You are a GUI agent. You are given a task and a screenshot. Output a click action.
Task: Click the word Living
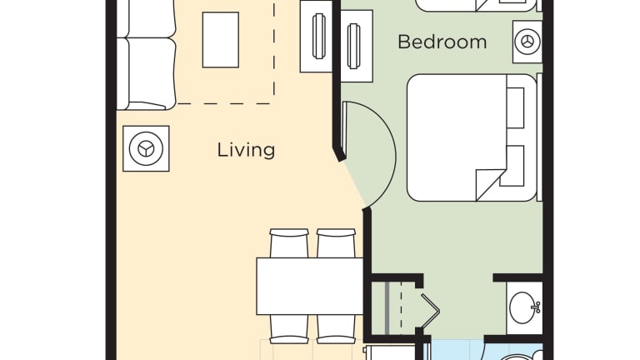(x=246, y=150)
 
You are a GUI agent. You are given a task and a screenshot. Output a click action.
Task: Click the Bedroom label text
(x=442, y=42)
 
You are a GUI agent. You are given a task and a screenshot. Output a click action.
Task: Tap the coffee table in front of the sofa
(x=220, y=40)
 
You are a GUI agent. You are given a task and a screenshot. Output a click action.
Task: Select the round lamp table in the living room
(x=146, y=148)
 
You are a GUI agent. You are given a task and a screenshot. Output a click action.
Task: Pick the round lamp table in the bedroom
(x=527, y=42)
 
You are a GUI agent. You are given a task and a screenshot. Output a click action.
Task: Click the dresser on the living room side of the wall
(x=317, y=37)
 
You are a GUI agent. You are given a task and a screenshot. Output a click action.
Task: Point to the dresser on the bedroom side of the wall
(x=357, y=46)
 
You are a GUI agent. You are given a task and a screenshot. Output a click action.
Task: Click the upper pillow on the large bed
(x=515, y=107)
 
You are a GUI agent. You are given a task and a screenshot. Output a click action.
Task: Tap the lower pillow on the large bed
(x=515, y=166)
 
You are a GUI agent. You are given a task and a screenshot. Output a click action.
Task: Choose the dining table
(x=310, y=286)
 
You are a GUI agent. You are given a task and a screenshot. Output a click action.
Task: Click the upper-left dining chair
(x=289, y=242)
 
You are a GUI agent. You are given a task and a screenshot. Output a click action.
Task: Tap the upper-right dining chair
(x=336, y=242)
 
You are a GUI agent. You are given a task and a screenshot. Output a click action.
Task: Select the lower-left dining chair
(x=289, y=329)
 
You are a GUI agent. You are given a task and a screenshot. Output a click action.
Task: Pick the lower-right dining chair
(x=336, y=329)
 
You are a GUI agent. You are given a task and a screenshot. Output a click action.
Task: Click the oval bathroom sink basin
(x=522, y=307)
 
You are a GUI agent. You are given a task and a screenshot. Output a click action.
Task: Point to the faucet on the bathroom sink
(x=537, y=307)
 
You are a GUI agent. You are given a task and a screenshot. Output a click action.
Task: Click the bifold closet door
(x=430, y=311)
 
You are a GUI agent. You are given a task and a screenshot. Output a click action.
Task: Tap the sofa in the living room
(x=146, y=55)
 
